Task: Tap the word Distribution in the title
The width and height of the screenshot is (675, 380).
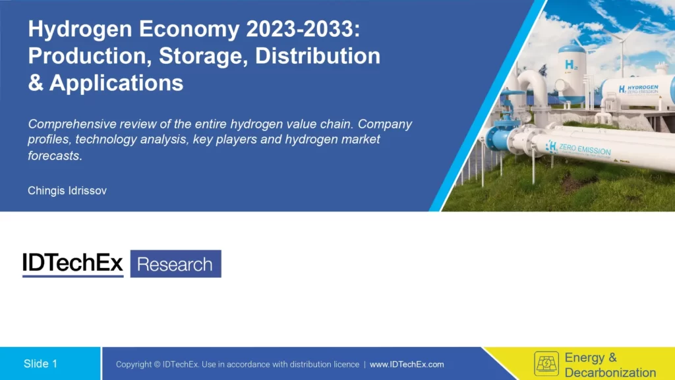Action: coord(317,57)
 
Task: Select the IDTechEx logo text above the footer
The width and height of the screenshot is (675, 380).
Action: coord(73,264)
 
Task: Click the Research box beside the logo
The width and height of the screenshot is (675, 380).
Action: coord(175,264)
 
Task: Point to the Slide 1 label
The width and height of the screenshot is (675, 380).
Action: coord(41,364)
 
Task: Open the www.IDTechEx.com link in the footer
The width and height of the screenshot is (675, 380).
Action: coord(407,364)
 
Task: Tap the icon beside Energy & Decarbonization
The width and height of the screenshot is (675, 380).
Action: coord(546,364)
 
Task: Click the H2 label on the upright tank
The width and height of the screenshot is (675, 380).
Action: coord(570,66)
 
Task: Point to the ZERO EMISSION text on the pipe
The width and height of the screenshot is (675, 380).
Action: coord(584,149)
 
